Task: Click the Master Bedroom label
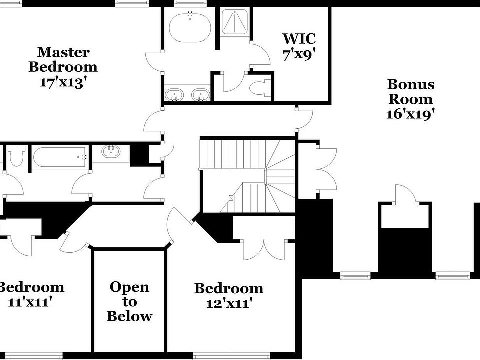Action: [63, 59]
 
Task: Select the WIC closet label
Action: [299, 38]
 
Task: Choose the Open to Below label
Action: [129, 301]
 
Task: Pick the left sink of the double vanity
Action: [174, 94]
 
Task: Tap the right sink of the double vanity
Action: [201, 94]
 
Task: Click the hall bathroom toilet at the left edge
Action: [16, 156]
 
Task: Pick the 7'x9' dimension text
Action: [299, 54]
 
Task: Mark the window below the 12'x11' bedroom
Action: [214, 356]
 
